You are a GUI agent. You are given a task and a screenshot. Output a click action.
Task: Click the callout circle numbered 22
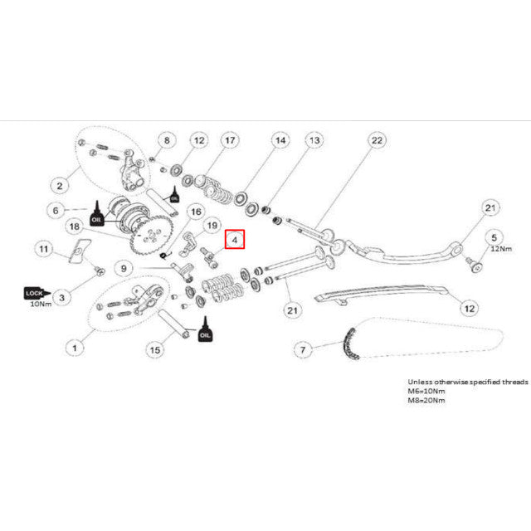pos(377,142)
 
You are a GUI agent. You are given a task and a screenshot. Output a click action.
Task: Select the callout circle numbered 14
pos(280,142)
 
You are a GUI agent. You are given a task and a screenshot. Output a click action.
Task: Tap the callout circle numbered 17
pos(229,142)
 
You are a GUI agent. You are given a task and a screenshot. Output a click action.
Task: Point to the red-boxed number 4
pos(236,240)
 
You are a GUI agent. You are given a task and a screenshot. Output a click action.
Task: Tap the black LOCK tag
pos(34,293)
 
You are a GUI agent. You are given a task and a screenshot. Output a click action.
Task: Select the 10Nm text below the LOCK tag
pos(40,304)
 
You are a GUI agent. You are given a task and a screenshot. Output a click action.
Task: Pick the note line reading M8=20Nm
pos(415,400)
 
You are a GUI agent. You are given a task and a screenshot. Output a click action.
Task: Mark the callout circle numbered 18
pos(74,226)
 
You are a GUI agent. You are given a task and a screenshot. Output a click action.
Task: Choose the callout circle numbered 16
pos(196,212)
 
